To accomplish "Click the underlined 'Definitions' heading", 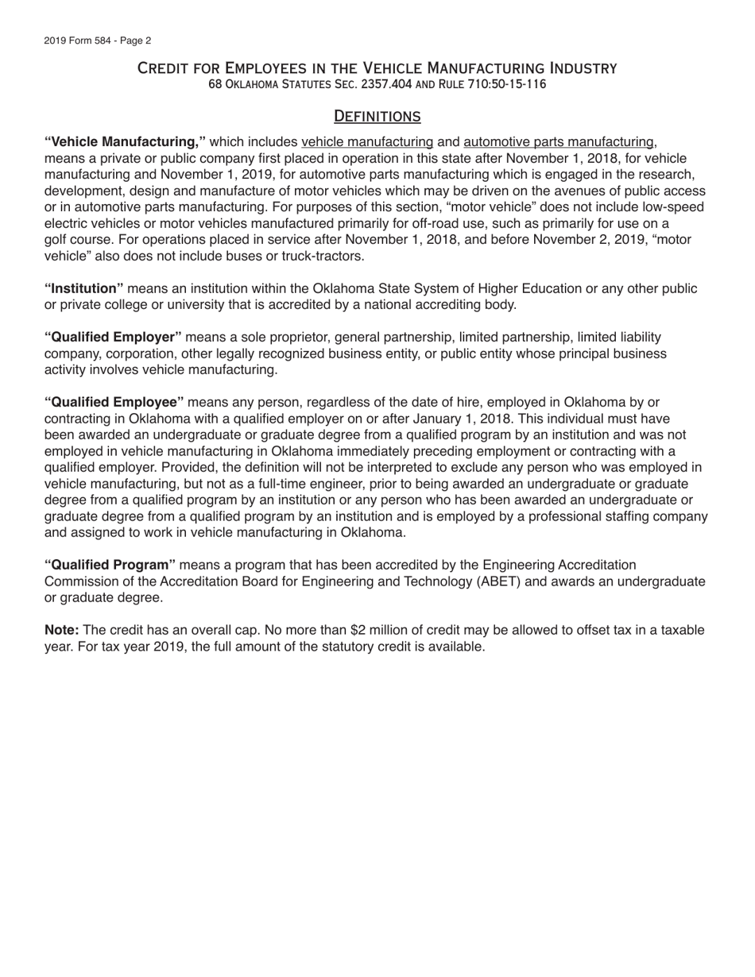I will [x=377, y=116].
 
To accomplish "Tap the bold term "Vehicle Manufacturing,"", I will [x=126, y=141].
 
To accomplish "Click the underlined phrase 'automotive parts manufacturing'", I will [x=558, y=141].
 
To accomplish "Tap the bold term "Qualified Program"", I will [x=110, y=565].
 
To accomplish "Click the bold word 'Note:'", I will [x=62, y=630].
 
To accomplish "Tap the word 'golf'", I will [x=56, y=239].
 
